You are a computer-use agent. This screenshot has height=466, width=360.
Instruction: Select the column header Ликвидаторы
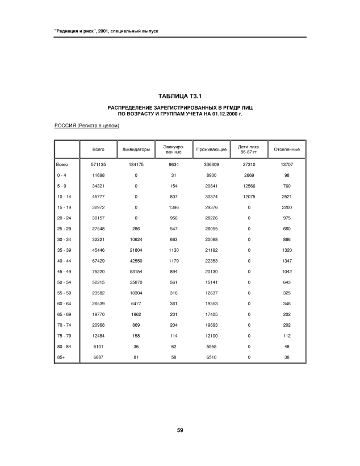click(x=136, y=149)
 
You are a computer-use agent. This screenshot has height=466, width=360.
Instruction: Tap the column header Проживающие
click(x=211, y=149)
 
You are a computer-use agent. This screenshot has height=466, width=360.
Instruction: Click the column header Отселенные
click(x=287, y=149)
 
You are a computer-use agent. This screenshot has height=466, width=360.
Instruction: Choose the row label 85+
click(x=60, y=357)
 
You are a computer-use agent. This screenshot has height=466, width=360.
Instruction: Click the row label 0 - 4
click(x=61, y=175)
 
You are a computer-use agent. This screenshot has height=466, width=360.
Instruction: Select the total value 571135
click(x=99, y=164)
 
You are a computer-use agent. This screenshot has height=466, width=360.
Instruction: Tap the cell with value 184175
click(x=136, y=164)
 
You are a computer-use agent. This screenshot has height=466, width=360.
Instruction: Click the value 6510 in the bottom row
click(x=211, y=357)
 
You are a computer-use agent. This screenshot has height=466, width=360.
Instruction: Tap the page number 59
click(x=179, y=429)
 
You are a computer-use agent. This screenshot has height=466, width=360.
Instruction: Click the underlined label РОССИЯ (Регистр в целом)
click(x=86, y=126)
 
